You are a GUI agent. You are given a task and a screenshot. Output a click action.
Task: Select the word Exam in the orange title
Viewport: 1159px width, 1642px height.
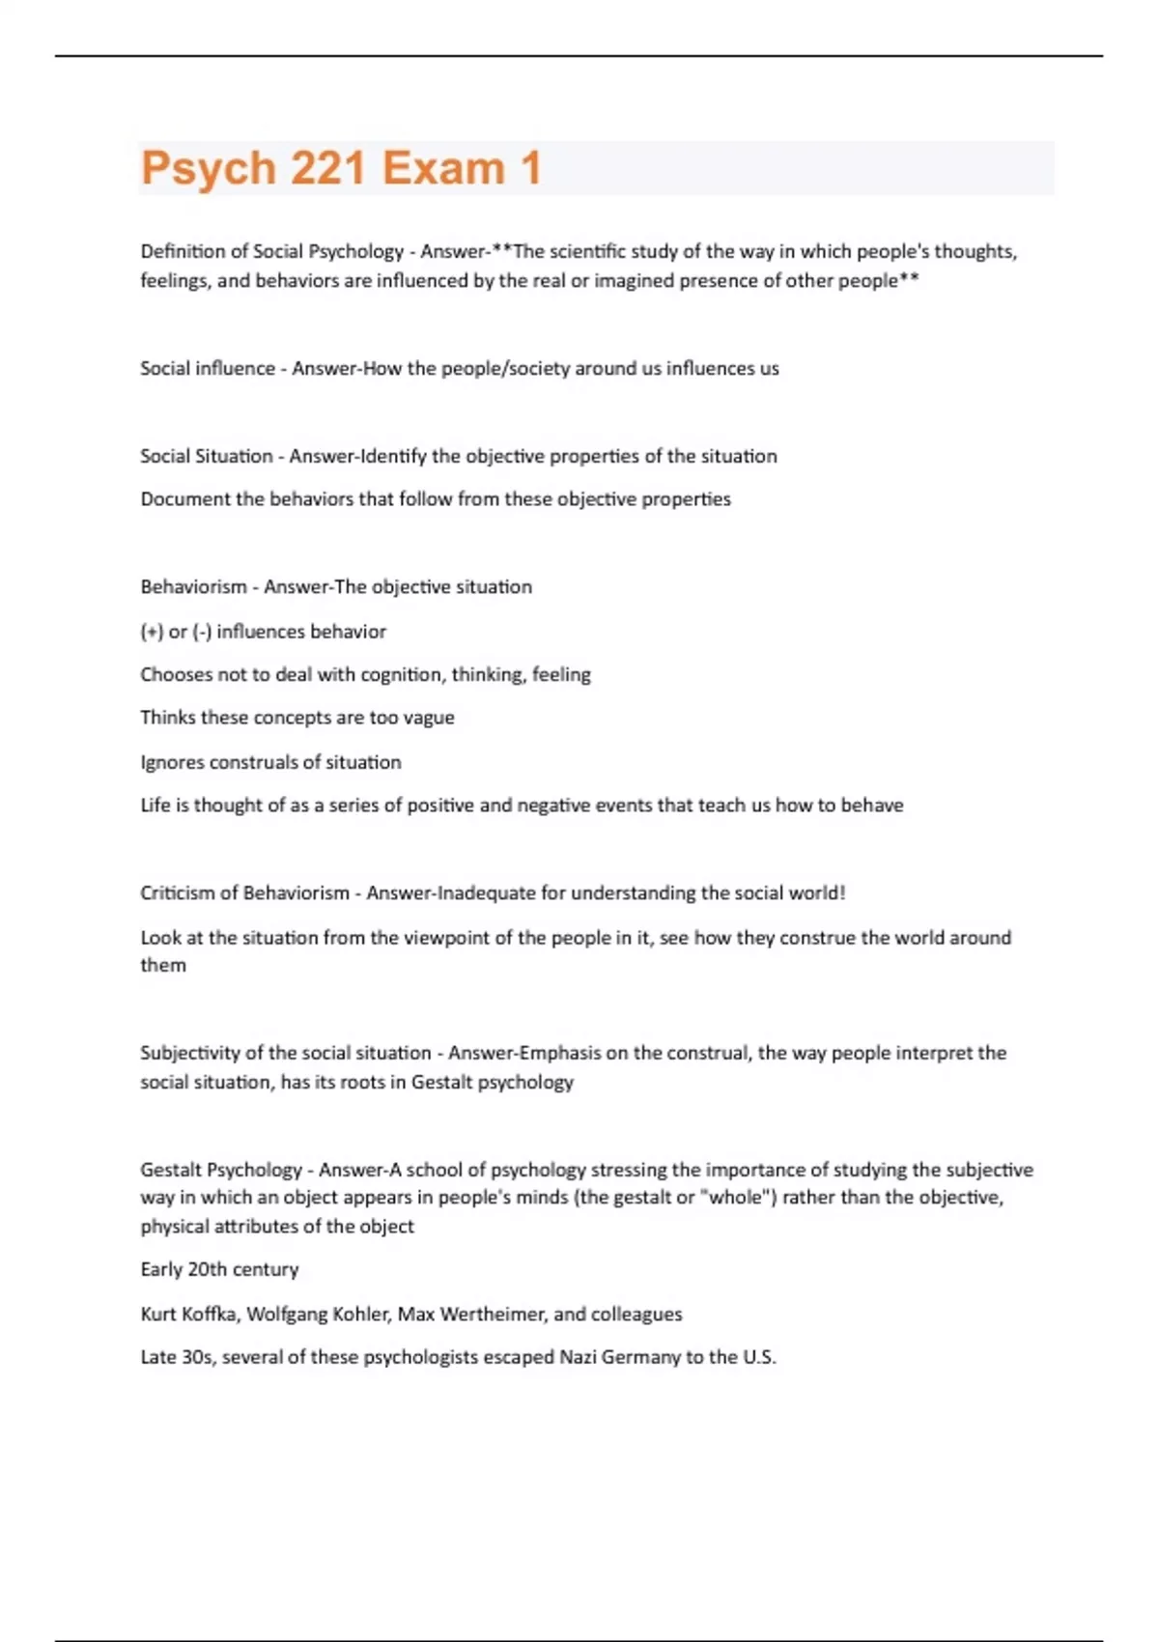443,168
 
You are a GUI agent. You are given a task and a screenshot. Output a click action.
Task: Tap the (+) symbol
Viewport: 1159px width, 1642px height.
152,632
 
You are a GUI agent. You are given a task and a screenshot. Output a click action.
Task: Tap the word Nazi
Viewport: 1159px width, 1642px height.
578,1358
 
